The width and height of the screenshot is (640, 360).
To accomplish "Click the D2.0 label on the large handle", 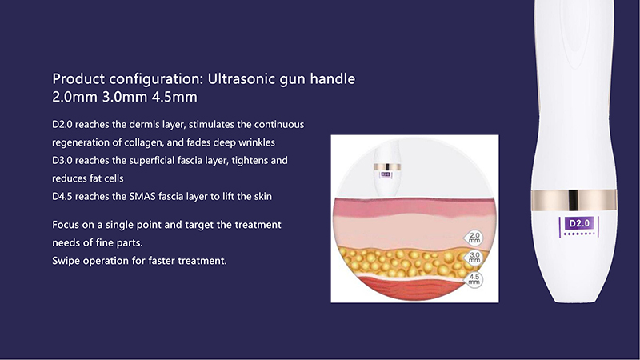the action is tap(579, 223).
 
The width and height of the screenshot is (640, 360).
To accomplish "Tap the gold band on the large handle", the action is tap(574, 200).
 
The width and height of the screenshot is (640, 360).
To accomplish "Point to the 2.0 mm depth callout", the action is tap(474, 238).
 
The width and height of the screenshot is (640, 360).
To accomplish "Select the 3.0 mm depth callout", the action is tap(474, 258).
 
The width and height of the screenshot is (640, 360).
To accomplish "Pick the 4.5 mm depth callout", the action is tap(474, 279).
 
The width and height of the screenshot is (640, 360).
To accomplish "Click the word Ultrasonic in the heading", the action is tap(242, 78).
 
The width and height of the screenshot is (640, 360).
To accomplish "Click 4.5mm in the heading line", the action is tap(174, 97).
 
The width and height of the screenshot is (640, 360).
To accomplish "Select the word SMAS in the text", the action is tap(142, 196).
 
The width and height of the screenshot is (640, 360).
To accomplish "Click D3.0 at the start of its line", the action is tap(62, 161).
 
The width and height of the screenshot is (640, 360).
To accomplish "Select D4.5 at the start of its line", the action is tap(62, 196).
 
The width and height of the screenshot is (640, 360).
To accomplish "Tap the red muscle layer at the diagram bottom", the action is tap(412, 288).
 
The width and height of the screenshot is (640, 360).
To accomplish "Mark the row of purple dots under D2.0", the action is tap(578, 234).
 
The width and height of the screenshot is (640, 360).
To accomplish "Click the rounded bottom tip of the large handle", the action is tap(574, 302).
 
